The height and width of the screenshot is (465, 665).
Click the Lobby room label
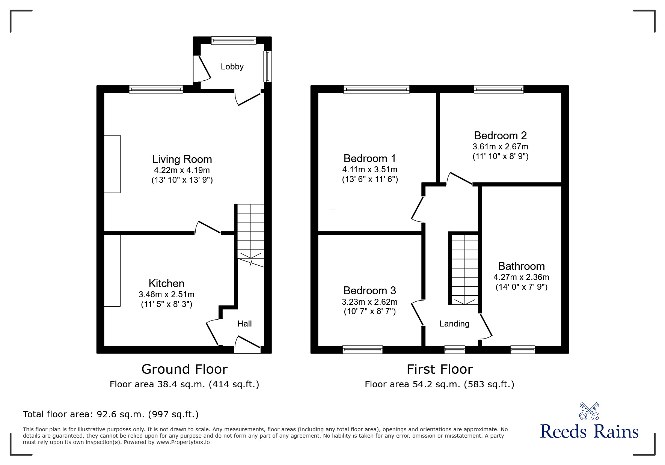(232, 67)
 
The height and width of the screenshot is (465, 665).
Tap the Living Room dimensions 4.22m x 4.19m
(182, 170)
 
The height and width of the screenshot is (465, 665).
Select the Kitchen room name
(166, 283)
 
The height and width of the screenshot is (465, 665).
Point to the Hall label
(244, 324)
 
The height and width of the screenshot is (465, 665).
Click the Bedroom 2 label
(500, 135)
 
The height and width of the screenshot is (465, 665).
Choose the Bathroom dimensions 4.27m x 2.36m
(521, 277)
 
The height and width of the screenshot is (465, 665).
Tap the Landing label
(454, 324)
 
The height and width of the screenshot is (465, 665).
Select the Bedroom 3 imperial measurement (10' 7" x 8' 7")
(370, 312)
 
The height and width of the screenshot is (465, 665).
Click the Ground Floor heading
(184, 369)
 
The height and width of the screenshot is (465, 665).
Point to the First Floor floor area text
(439, 384)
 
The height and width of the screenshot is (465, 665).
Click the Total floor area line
(111, 414)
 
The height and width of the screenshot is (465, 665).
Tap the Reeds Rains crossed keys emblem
(589, 411)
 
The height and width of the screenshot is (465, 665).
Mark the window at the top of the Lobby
(234, 40)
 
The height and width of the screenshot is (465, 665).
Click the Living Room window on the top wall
(156, 89)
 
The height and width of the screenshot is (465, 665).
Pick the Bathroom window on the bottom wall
(523, 350)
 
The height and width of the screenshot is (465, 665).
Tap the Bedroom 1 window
(376, 89)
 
